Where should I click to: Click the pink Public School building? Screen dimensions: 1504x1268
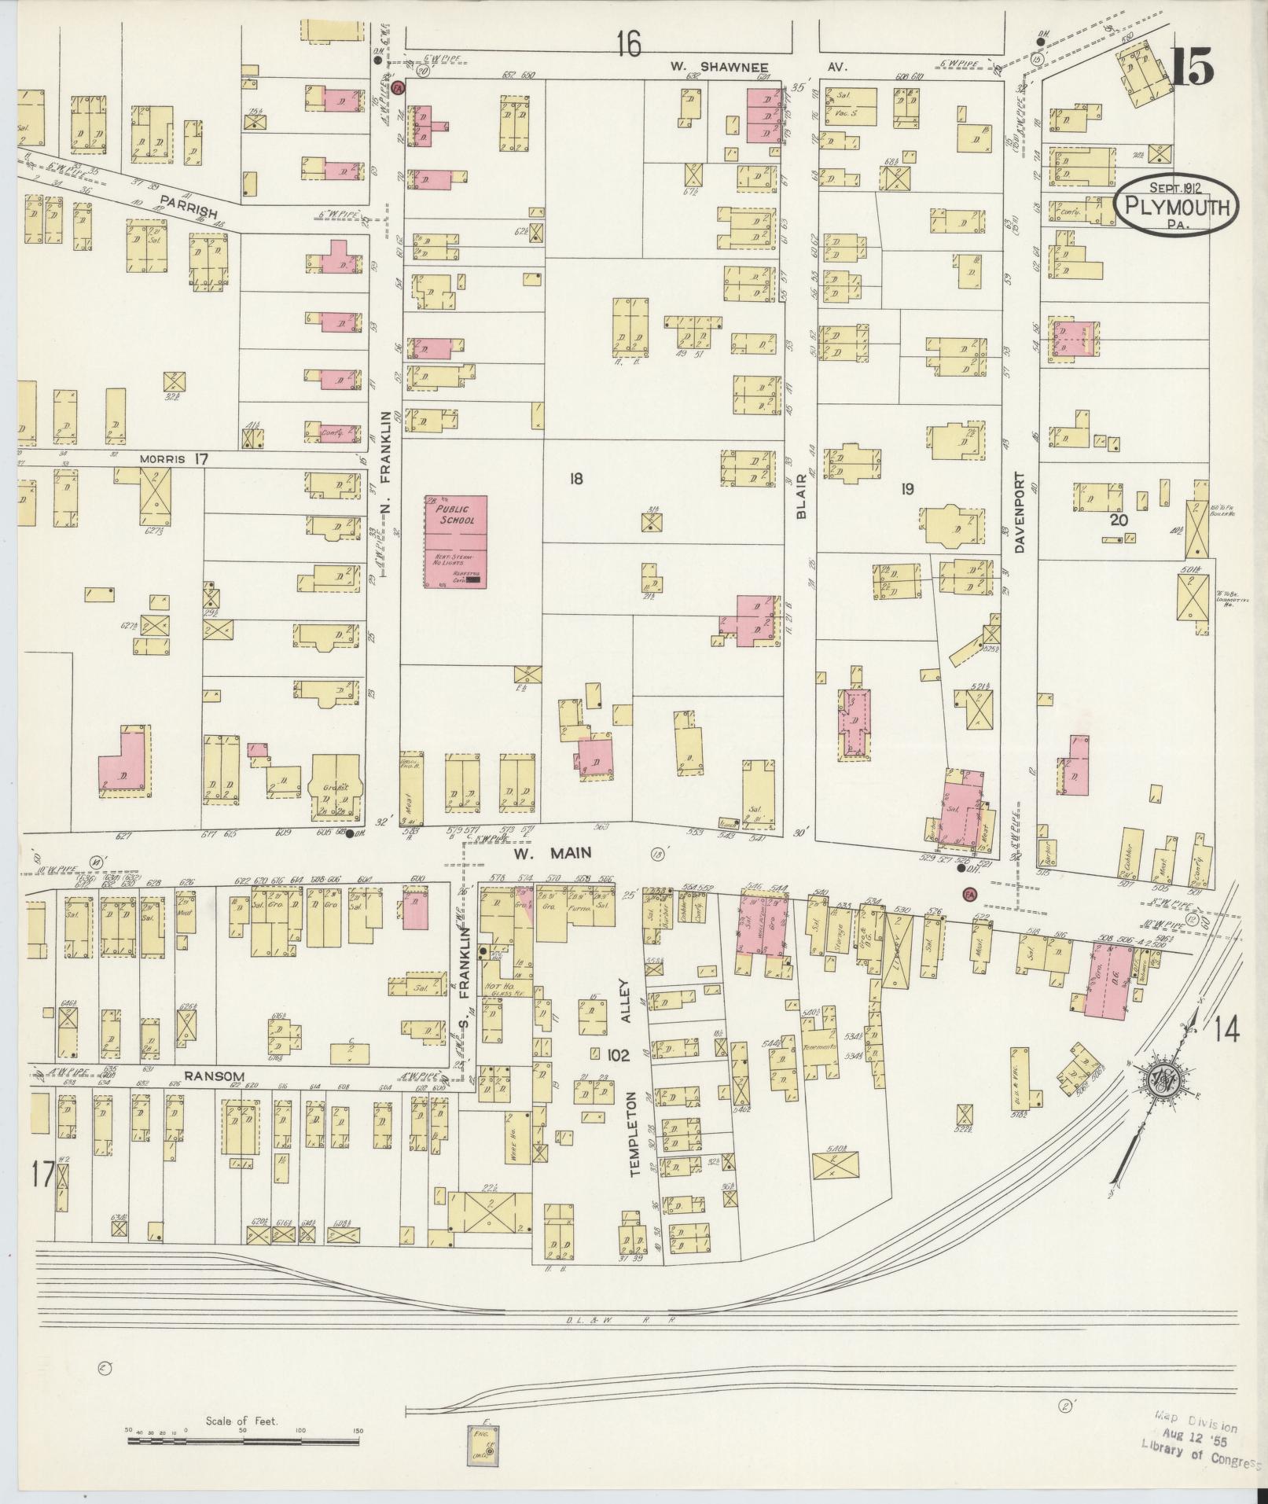point(456,542)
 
